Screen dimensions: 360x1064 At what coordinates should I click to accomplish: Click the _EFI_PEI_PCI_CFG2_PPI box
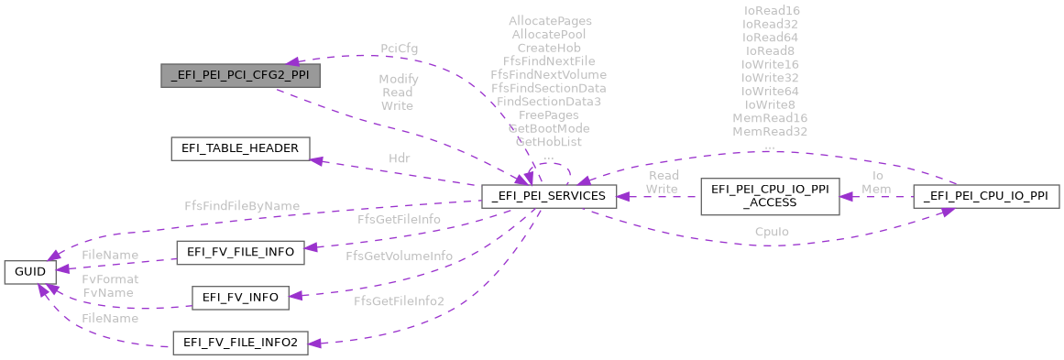tap(240, 75)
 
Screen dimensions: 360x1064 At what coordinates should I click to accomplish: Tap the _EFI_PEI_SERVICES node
tap(549, 195)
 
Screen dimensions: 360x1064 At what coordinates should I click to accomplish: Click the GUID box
tap(31, 271)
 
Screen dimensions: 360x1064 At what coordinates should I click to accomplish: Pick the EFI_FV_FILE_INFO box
tap(239, 254)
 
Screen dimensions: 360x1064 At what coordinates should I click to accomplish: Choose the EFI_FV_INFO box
tap(239, 297)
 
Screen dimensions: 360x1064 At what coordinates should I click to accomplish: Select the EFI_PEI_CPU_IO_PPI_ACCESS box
tap(770, 195)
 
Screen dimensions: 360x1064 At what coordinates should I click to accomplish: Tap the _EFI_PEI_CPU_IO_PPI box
tap(986, 195)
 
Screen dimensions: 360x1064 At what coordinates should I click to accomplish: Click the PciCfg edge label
tap(399, 48)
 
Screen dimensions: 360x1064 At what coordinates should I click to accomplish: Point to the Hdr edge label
tap(399, 158)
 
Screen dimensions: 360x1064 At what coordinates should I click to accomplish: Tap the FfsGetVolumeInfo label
tap(399, 256)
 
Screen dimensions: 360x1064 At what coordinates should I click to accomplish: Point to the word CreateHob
tap(548, 47)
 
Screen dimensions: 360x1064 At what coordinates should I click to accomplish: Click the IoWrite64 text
tap(770, 92)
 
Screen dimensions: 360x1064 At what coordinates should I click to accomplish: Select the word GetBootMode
tap(548, 128)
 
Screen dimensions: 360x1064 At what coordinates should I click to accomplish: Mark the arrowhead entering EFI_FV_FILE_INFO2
tap(315, 343)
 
